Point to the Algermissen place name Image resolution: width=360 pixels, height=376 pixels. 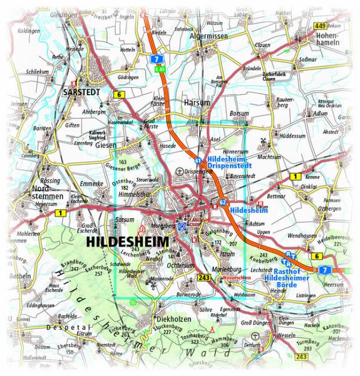pyautogui.click(x=212, y=37)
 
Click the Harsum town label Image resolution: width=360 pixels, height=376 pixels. pyautogui.click(x=197, y=102)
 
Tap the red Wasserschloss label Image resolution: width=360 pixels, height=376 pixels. pyautogui.click(x=235, y=275)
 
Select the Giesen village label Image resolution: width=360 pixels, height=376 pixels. pyautogui.click(x=108, y=145)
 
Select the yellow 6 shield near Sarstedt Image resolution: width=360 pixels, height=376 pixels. pyautogui.click(x=119, y=95)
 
